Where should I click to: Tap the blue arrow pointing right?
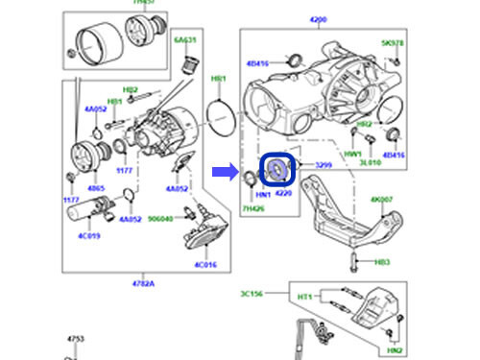click(x=224, y=172)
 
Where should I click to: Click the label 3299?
click(x=323, y=166)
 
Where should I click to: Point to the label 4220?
click(x=283, y=192)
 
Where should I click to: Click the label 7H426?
click(x=252, y=207)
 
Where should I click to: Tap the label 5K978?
click(x=394, y=43)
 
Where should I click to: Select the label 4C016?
click(x=206, y=264)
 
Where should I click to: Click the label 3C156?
click(x=251, y=295)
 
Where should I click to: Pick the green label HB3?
click(x=382, y=261)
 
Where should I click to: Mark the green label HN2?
click(x=394, y=352)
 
